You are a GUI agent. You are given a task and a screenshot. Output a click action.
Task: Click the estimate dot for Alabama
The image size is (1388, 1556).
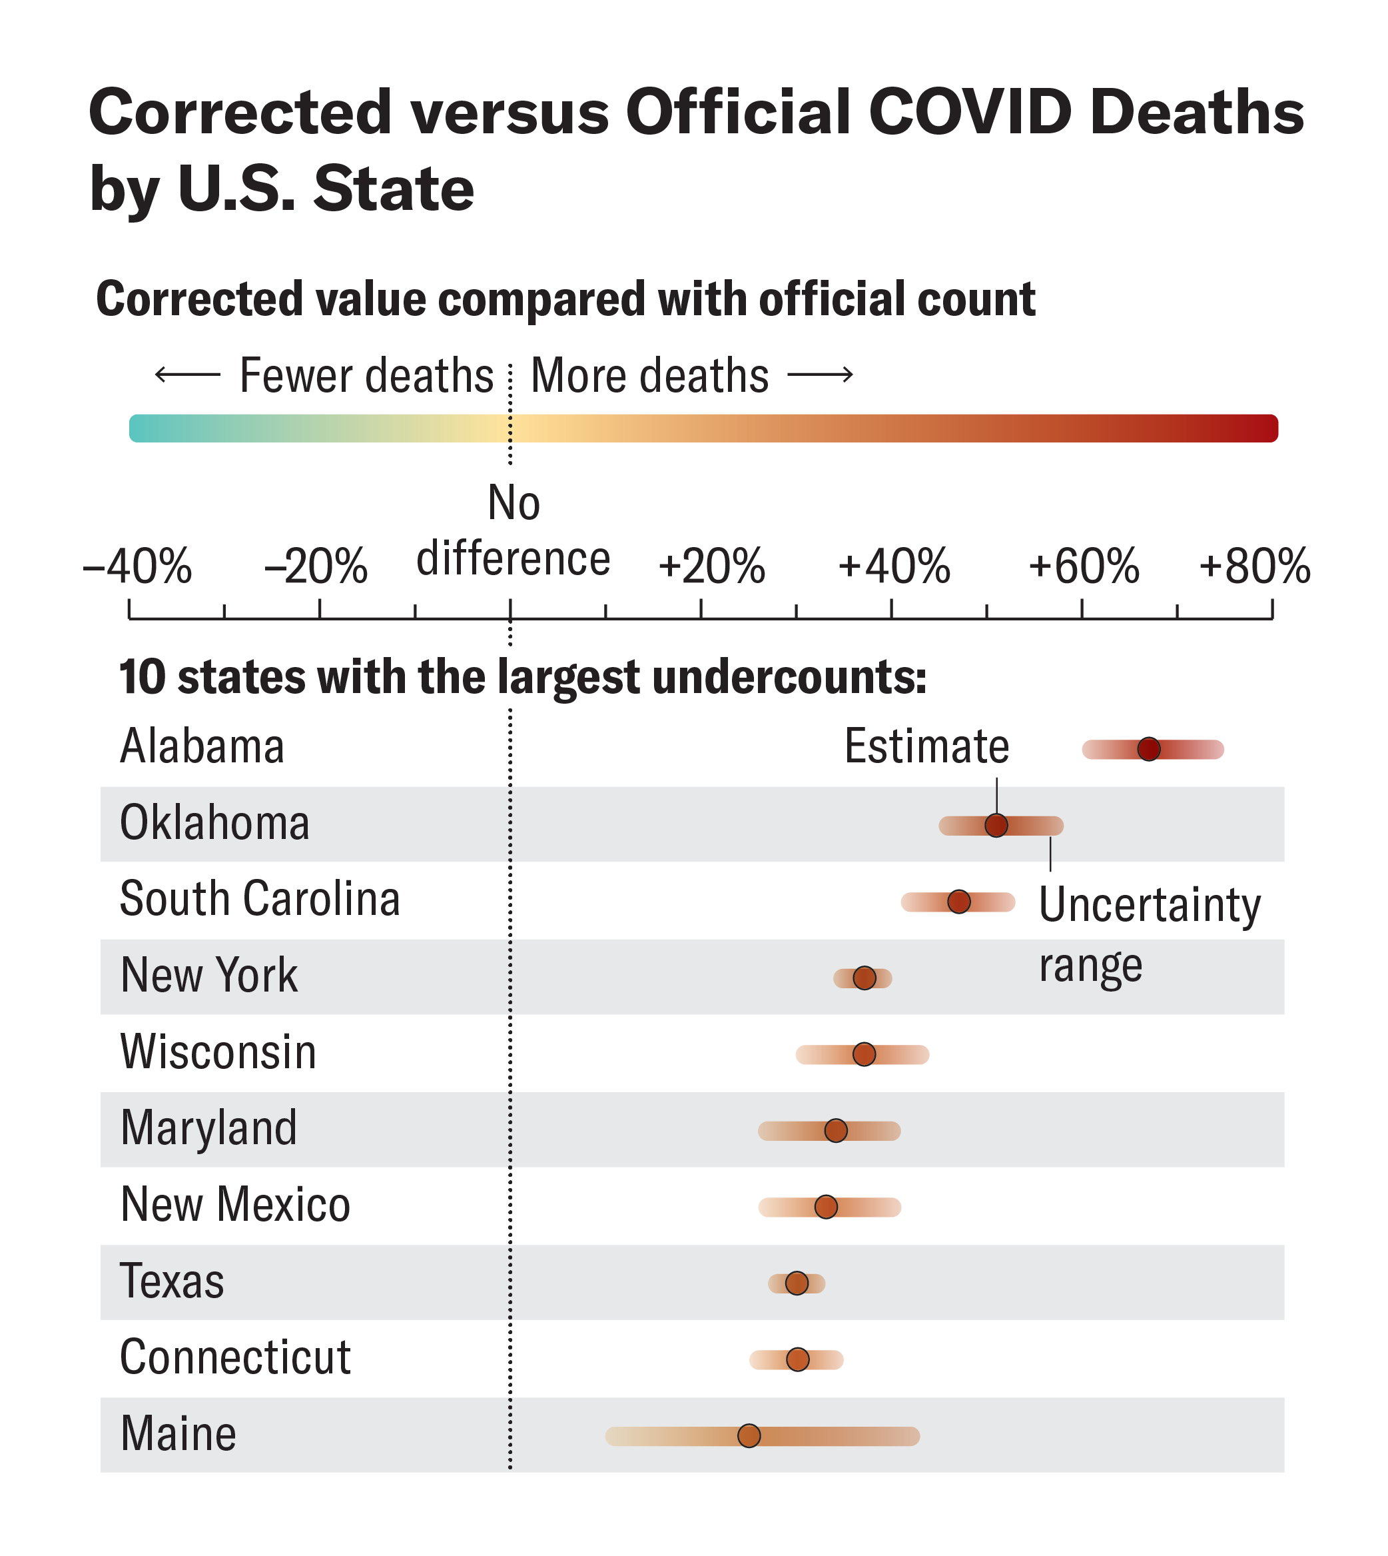[1148, 750]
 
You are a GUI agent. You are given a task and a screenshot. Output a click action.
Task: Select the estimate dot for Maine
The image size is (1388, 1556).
[749, 1435]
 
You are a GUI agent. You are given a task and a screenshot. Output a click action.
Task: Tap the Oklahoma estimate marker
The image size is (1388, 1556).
[996, 825]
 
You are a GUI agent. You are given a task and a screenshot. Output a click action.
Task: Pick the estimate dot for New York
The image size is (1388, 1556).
[864, 978]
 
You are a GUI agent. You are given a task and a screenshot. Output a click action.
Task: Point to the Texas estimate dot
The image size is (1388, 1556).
[796, 1283]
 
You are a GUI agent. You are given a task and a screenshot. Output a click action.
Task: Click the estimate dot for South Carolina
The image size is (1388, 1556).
[958, 901]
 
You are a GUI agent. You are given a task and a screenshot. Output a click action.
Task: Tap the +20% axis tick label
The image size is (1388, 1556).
[711, 567]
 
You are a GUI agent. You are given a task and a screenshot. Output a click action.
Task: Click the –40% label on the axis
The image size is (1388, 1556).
[137, 567]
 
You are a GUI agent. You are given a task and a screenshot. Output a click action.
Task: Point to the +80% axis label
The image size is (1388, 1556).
[1255, 567]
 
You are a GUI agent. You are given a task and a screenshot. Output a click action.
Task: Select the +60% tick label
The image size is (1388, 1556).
[1083, 567]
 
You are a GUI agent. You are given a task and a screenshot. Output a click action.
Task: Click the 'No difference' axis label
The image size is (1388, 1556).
[514, 532]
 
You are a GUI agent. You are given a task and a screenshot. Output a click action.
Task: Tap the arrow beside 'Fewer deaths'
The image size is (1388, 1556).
[187, 375]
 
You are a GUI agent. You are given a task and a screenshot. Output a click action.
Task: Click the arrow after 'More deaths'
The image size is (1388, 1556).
[820, 375]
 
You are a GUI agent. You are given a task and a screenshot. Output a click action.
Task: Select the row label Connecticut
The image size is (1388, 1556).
[235, 1357]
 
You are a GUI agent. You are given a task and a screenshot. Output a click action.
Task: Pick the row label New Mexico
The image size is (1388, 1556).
[235, 1205]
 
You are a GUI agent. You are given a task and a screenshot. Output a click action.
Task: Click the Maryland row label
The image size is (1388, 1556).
[208, 1129]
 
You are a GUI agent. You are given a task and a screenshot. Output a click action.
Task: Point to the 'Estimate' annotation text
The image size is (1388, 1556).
[926, 746]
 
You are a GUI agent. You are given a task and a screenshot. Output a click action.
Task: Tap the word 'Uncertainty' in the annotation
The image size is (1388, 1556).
[1150, 906]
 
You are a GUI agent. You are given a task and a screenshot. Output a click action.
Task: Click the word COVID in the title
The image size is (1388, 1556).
[970, 113]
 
